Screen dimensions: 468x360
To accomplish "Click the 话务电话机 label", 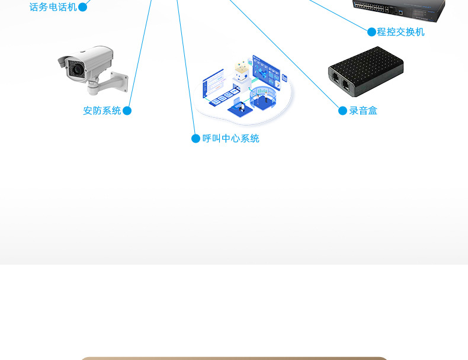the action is (53, 7).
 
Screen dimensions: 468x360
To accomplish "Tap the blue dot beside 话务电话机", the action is (83, 7).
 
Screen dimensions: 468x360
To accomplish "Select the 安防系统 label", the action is (102, 111).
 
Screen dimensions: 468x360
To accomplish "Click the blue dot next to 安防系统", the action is (127, 111).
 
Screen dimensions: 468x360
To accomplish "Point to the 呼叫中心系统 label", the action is (231, 139).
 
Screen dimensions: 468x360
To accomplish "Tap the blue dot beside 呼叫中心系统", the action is (195, 139).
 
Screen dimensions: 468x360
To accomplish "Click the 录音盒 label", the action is (363, 111).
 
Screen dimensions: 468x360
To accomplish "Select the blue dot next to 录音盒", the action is (342, 111).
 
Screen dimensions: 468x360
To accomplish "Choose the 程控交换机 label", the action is (401, 32).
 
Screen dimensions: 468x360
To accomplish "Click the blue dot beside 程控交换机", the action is (372, 32).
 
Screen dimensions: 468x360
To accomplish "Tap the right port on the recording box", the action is (345, 84).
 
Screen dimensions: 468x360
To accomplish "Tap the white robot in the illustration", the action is (241, 75).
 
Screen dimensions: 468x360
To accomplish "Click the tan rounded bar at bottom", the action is (234, 358).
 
